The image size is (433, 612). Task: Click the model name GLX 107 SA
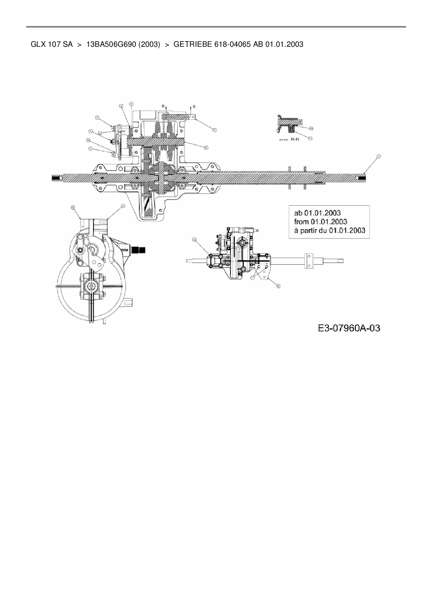click(x=51, y=44)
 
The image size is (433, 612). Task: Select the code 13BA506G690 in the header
click(x=111, y=44)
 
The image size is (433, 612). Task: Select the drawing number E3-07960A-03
click(x=349, y=328)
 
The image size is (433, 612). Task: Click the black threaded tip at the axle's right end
click(x=362, y=178)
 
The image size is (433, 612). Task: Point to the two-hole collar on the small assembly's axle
click(x=309, y=261)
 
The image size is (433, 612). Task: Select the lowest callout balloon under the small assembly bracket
click(x=278, y=286)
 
